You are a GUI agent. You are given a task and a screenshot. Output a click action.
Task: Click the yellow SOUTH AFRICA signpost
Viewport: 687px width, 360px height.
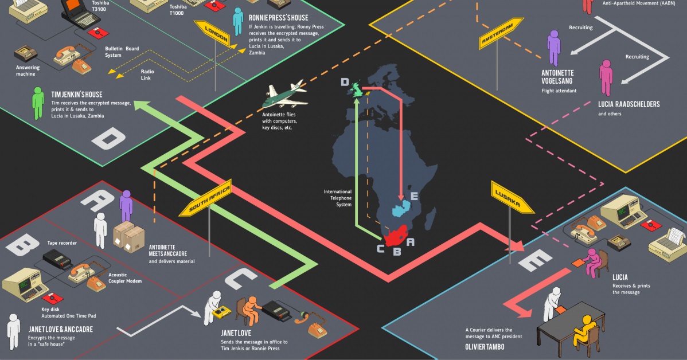(x=205, y=201)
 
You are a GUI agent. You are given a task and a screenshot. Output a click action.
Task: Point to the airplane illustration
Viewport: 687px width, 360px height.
(x=284, y=97)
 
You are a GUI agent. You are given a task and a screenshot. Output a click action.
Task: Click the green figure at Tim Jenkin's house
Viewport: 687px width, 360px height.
(x=38, y=103)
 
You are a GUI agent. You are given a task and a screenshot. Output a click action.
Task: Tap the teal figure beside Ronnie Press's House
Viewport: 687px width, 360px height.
(x=238, y=22)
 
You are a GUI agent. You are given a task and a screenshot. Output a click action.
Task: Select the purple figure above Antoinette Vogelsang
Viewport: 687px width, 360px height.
(x=553, y=48)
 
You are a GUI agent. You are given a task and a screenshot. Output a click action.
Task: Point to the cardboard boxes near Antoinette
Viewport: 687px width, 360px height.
(x=129, y=237)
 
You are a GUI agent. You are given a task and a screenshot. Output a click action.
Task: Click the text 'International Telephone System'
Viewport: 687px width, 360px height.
(x=338, y=198)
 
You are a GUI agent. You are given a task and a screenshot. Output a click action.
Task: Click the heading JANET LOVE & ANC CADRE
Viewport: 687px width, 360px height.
(x=61, y=330)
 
